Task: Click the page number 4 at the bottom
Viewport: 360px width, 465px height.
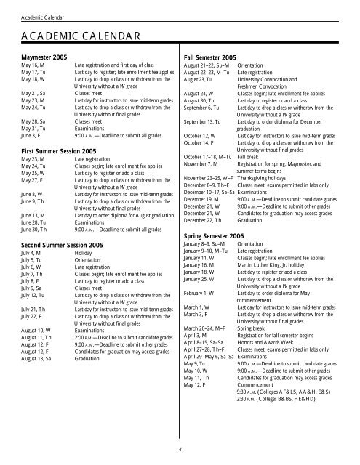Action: tap(180, 448)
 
